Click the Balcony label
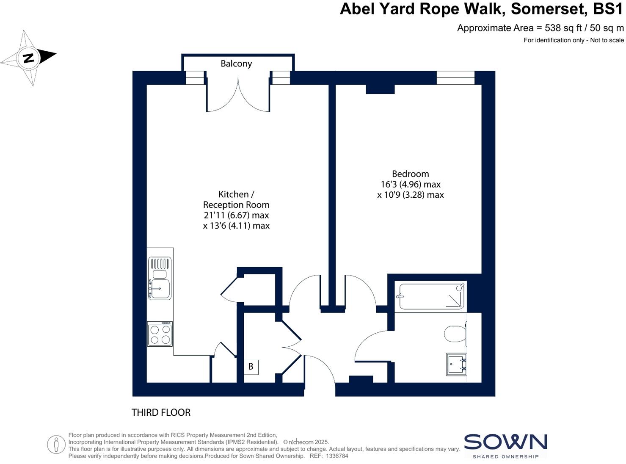point(236,64)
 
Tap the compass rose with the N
point(28,58)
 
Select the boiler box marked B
point(251,367)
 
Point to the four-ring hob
point(160,334)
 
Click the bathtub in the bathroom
point(431,296)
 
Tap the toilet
point(455,334)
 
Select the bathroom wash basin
point(457,365)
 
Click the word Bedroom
point(410,174)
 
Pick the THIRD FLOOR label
point(161,412)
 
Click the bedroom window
point(455,78)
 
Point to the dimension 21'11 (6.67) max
point(236,215)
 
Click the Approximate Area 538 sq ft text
point(540,28)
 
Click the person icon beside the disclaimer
point(56,445)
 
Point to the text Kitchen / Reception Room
point(236,199)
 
